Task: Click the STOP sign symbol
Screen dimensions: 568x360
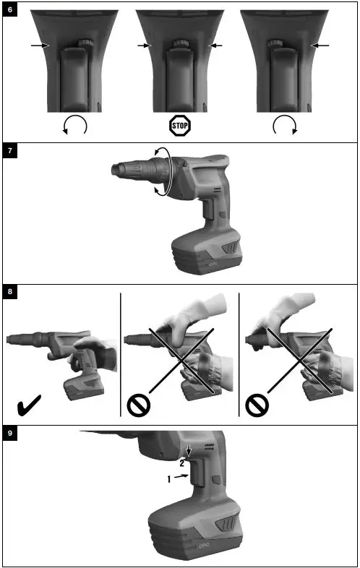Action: [x=179, y=126]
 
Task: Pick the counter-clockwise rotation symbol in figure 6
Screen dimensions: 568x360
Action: [x=75, y=126]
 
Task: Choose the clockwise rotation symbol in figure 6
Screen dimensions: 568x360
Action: [x=284, y=126]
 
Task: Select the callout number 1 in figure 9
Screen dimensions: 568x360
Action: [x=171, y=478]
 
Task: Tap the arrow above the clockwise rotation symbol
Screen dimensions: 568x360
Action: [x=320, y=46]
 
